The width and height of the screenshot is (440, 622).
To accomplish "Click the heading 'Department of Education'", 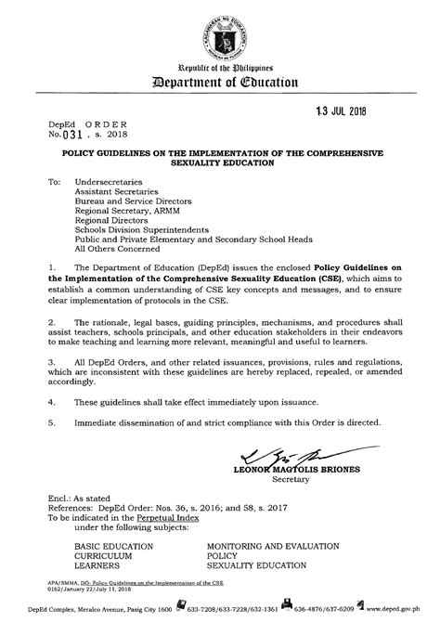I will click(220, 82).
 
